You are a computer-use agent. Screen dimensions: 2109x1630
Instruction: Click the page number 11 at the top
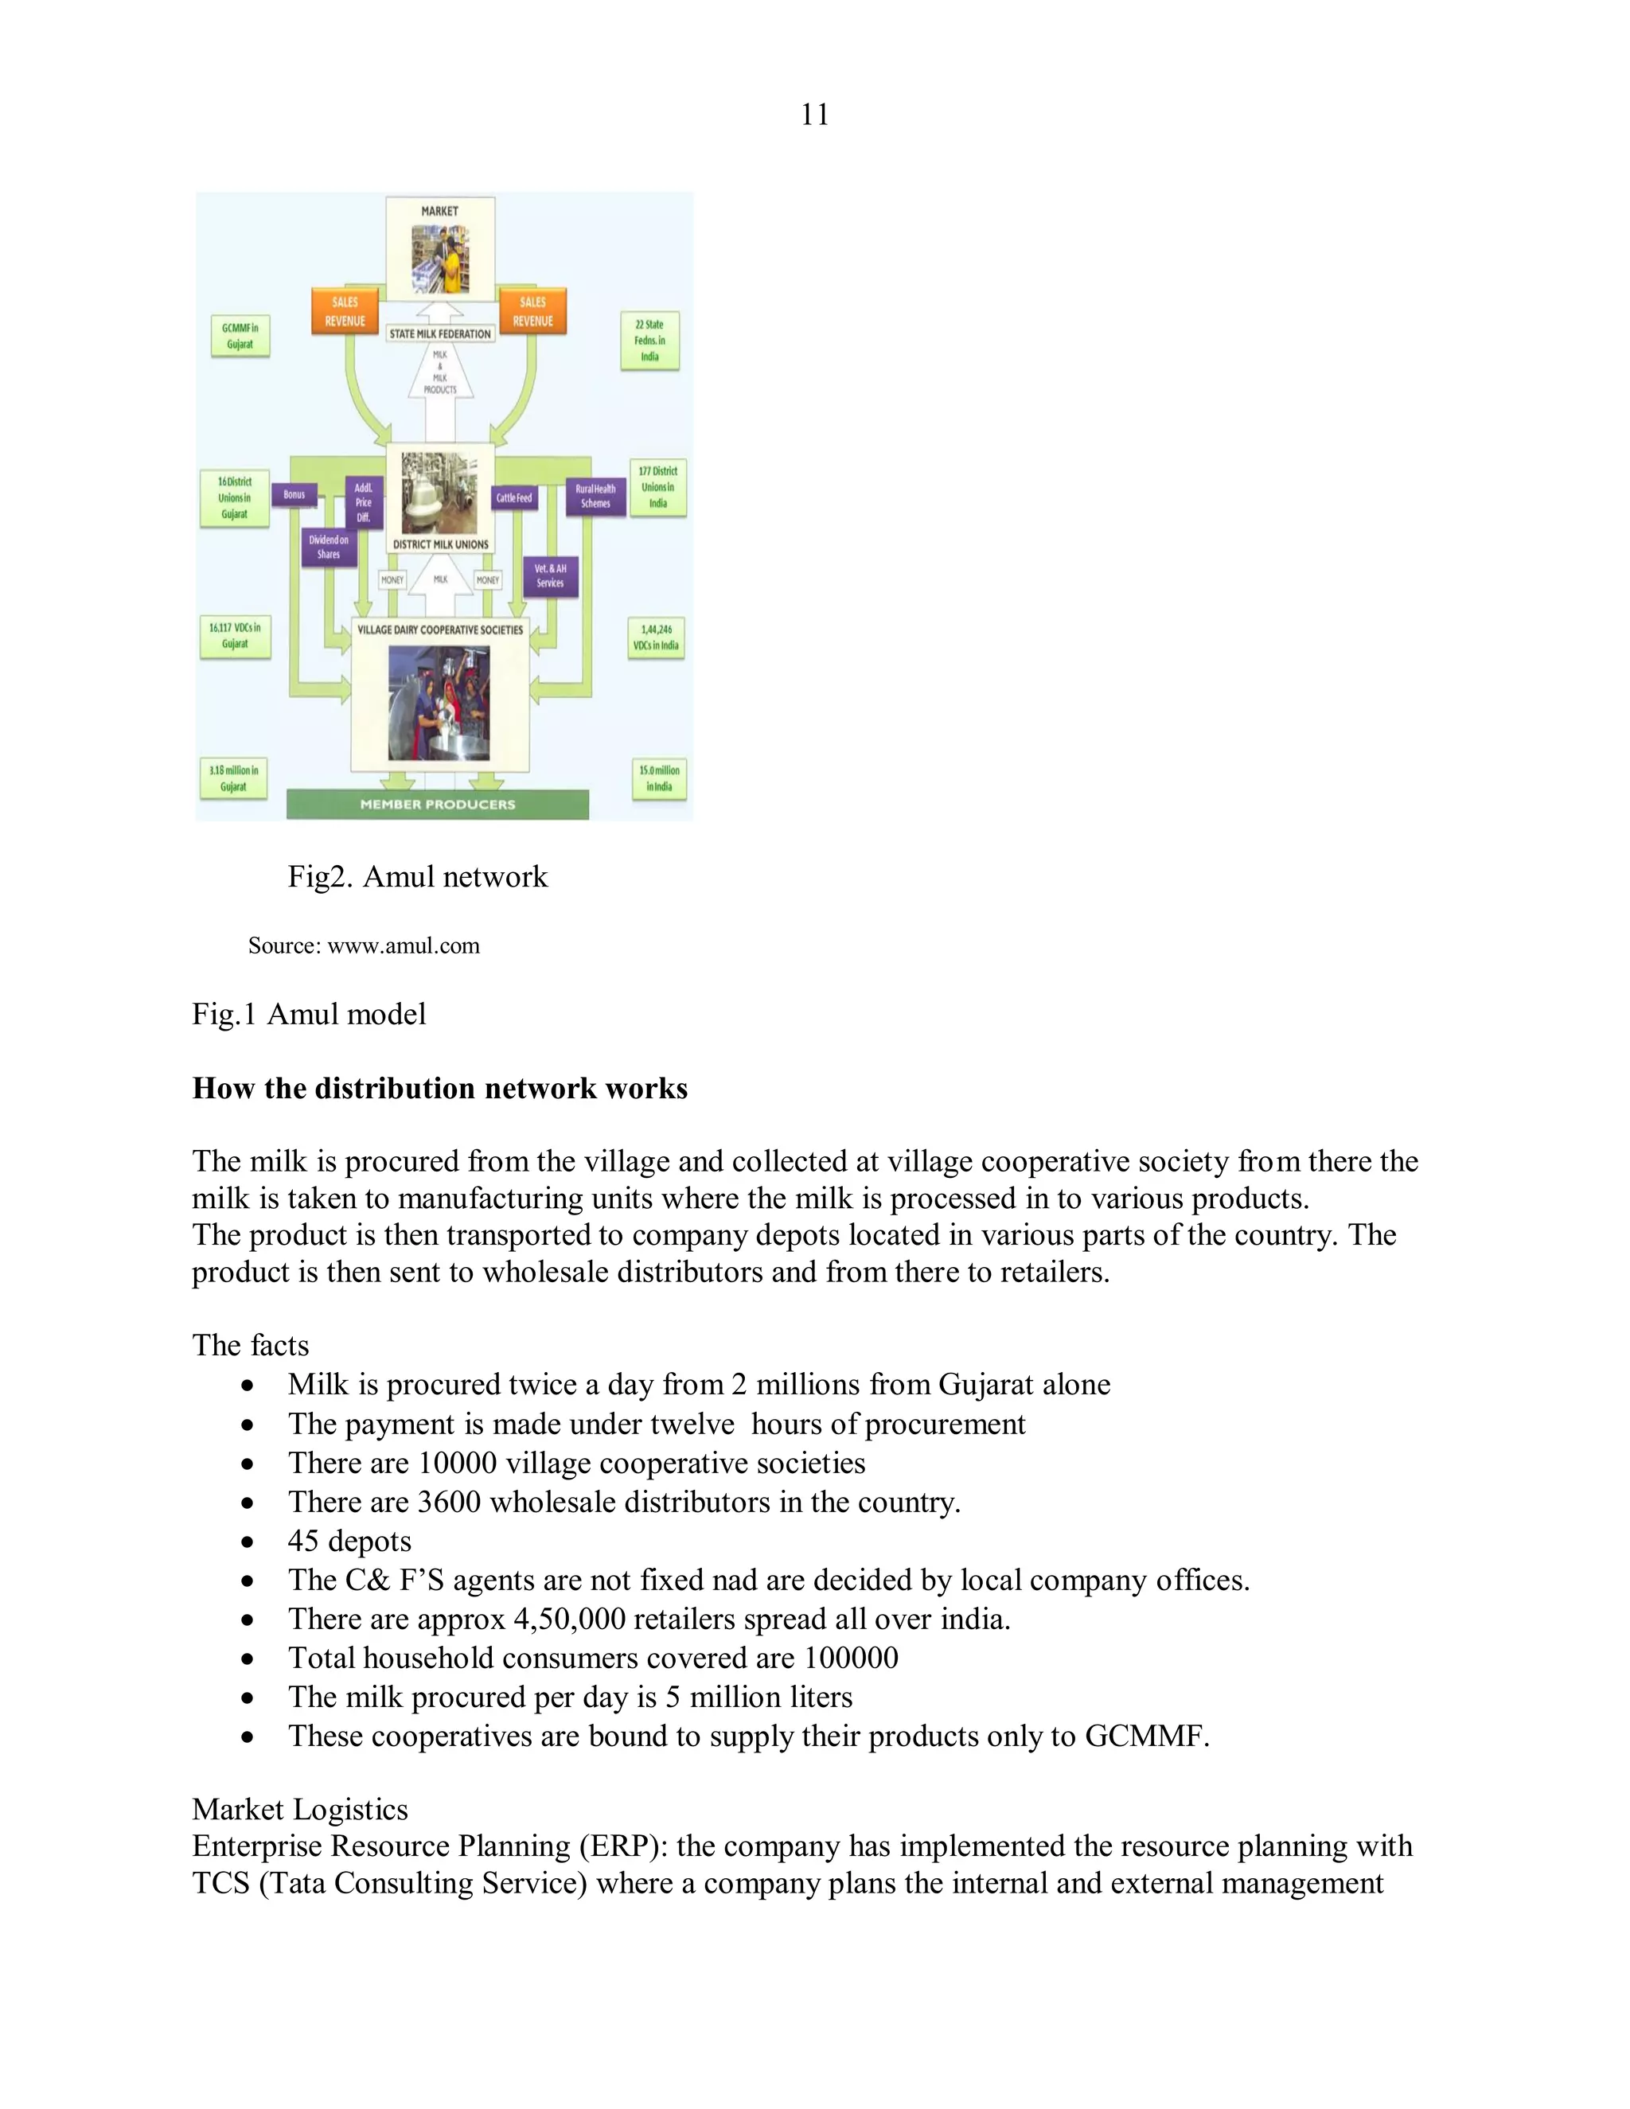814,115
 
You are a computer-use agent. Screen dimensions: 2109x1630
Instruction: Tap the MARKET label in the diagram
439,212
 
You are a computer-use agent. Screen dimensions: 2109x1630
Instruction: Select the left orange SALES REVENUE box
345,311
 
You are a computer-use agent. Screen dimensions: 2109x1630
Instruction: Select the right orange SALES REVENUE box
532,311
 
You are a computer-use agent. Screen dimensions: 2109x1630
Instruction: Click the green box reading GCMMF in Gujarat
240,336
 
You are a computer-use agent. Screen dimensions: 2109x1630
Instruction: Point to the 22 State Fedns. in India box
650,341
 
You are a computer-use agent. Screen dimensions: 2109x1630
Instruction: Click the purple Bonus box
294,495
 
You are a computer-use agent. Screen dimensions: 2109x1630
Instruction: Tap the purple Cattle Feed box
513,498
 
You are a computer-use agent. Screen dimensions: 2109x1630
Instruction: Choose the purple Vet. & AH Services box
551,575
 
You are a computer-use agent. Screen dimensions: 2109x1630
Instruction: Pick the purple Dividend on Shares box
329,548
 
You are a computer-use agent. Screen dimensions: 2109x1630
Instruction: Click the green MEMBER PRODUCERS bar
438,805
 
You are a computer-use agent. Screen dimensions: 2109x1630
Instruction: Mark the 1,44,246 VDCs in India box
656,637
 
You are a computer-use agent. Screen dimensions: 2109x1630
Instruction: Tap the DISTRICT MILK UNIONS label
440,544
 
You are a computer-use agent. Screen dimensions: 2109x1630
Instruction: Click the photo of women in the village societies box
439,703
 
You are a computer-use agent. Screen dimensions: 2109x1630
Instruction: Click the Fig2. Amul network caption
417,877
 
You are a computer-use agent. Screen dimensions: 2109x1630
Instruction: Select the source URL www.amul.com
404,946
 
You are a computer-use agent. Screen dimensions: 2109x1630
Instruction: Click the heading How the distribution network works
439,1088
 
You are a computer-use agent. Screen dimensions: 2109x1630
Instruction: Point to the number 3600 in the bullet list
449,1503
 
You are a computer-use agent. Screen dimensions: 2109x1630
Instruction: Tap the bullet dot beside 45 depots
249,1542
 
